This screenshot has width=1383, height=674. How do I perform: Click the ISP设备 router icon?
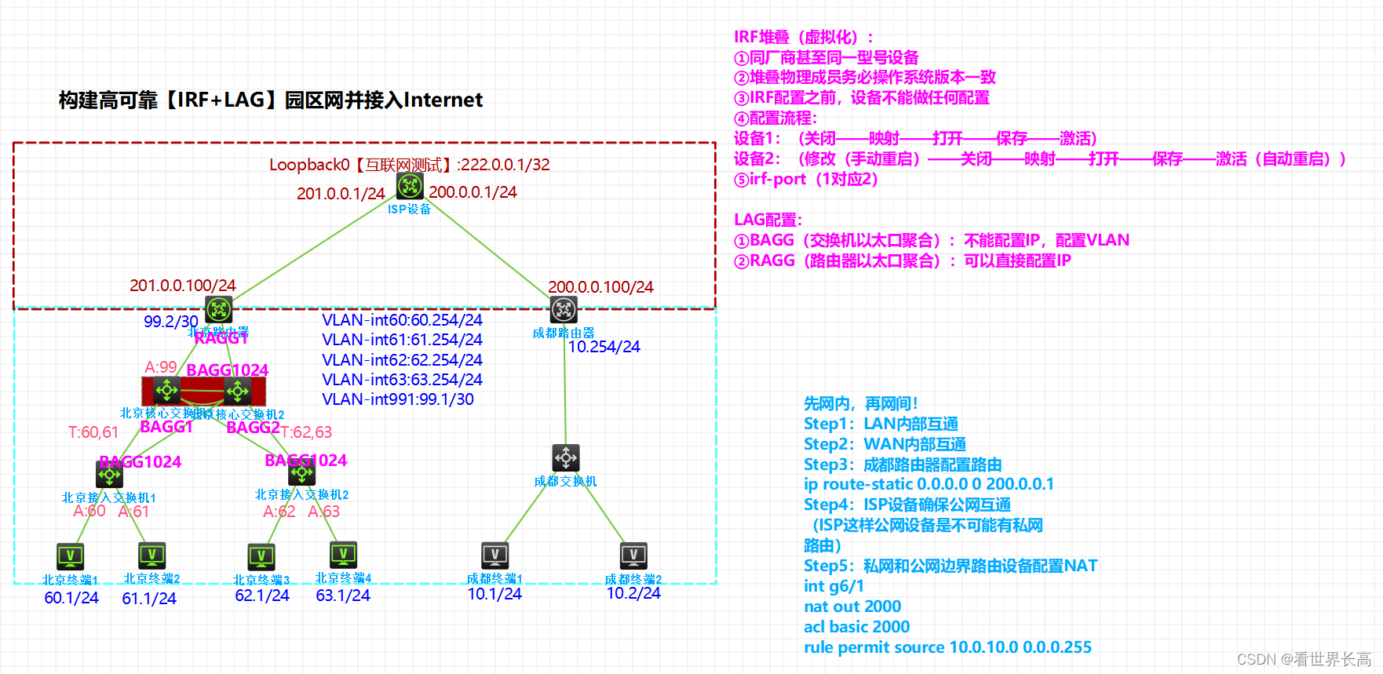point(410,186)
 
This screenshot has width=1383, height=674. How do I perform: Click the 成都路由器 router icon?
point(564,310)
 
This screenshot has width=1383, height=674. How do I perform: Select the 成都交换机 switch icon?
point(566,457)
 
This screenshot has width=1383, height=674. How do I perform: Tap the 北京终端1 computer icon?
point(71,556)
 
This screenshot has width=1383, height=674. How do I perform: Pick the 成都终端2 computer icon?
point(633,556)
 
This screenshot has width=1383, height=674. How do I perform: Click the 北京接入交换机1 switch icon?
point(109,475)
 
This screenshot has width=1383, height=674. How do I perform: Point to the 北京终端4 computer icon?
point(343,554)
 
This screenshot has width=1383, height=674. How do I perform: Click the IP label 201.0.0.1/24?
point(341,193)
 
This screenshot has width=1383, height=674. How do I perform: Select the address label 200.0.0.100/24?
point(600,287)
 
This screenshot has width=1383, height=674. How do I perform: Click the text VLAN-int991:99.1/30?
point(398,399)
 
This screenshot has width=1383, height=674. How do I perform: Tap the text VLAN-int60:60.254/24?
point(402,320)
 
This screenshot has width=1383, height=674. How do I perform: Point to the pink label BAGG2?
point(253,428)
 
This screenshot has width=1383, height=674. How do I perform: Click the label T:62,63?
point(306,432)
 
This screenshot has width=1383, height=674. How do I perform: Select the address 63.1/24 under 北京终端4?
point(343,596)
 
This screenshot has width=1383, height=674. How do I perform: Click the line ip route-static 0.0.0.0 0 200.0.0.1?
point(929,484)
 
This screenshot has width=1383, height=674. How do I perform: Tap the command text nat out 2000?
point(852,607)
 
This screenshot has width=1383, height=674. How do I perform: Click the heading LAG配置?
point(768,220)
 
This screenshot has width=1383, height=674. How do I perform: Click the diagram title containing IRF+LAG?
point(271,100)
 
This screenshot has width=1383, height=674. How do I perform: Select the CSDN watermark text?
point(1304,659)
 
